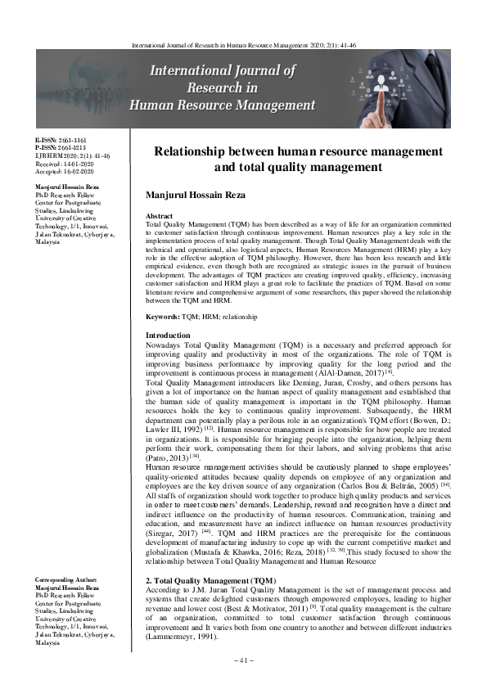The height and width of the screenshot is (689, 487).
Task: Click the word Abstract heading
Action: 160,215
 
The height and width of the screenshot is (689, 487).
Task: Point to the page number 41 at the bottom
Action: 243,659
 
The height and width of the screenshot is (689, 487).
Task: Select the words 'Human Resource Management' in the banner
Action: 223,106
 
